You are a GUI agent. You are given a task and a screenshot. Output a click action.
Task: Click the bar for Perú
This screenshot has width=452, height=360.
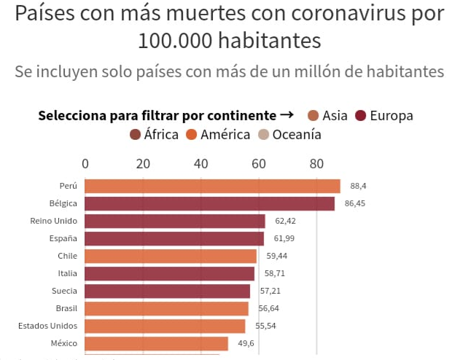pos(212,186)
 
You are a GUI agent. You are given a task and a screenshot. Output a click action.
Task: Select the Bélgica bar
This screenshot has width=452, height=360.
pos(209,203)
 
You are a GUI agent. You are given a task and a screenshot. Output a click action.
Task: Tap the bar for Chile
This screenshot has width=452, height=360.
pos(171,256)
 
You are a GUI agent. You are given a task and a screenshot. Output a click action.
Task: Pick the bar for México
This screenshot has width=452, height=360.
pos(156,343)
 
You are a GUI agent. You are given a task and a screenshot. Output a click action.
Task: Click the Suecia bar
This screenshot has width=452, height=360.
pos(167,291)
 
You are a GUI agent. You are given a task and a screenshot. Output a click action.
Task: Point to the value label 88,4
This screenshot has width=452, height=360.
pos(359,186)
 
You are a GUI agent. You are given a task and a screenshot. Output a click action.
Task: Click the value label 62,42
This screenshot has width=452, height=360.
pos(284,221)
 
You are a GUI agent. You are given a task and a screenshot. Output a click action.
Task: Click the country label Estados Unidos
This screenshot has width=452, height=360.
pos(47,326)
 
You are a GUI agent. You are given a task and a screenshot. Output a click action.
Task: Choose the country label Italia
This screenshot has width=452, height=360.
pos(68,273)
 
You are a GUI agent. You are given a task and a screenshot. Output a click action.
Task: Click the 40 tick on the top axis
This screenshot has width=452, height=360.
pos(200,163)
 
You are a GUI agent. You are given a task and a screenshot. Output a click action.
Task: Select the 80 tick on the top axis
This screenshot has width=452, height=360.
pos(316,163)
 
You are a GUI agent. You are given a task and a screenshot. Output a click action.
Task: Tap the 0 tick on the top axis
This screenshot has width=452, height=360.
pos(85,163)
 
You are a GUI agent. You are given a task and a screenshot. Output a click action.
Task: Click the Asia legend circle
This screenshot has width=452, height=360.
pos(314,116)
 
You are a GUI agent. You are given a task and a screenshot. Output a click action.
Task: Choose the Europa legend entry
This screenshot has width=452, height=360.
pos(384,116)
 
